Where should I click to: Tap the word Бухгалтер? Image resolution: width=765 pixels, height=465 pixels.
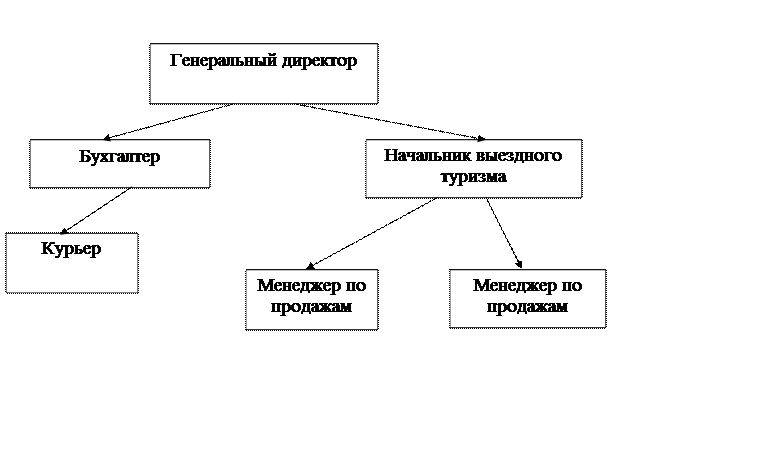point(120,157)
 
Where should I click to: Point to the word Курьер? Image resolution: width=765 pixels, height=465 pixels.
point(71,249)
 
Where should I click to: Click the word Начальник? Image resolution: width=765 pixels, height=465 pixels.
point(427,155)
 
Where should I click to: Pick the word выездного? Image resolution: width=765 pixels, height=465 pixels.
point(519,156)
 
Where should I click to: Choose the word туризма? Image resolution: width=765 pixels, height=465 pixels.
point(473,177)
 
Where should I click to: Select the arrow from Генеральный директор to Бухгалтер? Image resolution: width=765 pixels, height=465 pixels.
point(167,121)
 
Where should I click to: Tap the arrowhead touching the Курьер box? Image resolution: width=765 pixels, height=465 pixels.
point(64,231)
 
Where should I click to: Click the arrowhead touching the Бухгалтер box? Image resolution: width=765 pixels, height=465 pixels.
point(107,138)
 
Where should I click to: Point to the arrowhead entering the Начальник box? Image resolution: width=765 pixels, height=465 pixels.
point(481,139)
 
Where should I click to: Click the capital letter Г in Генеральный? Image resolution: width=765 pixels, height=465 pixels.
point(176,60)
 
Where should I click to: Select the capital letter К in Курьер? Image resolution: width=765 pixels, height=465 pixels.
point(47,248)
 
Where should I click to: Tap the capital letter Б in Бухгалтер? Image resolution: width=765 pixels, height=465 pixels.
point(85,156)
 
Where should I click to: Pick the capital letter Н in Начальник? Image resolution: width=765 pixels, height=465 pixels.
point(391,155)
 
